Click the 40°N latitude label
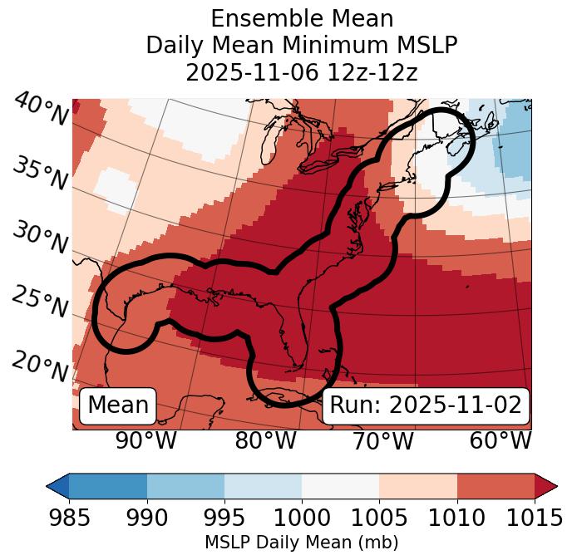(x=41, y=110)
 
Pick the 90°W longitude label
(x=146, y=440)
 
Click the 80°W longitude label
(x=265, y=440)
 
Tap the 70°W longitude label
(x=382, y=440)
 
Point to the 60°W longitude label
(x=500, y=440)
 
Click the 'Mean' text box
(x=118, y=405)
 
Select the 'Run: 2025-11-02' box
(x=426, y=405)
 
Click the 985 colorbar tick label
(x=69, y=518)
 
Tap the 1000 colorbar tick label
(x=302, y=518)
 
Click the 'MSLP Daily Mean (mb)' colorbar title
(x=302, y=543)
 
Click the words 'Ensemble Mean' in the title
(x=302, y=18)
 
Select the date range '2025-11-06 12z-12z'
(x=302, y=72)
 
